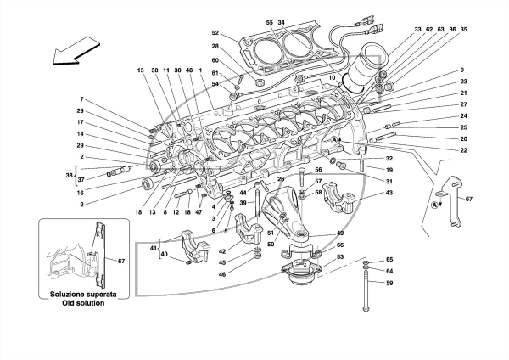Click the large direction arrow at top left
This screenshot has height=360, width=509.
76,51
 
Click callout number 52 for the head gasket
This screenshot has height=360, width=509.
215,33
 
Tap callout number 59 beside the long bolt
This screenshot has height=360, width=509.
389,283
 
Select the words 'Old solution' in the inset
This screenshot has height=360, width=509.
83,303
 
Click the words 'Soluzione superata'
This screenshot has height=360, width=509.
83,295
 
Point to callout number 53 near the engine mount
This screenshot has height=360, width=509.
340,257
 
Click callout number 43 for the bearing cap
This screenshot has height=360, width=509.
389,193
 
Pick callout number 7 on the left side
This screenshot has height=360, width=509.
81,99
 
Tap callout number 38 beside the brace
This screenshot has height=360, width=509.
69,175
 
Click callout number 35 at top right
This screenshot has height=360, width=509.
463,29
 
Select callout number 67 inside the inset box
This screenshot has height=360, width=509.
121,261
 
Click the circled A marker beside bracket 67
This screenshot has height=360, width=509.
434,205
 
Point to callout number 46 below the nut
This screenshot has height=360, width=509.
222,274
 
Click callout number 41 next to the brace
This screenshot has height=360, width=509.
154,248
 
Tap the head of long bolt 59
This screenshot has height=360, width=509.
366,308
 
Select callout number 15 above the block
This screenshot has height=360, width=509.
140,70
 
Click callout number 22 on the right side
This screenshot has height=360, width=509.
463,150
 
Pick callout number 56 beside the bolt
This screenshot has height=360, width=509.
318,170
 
